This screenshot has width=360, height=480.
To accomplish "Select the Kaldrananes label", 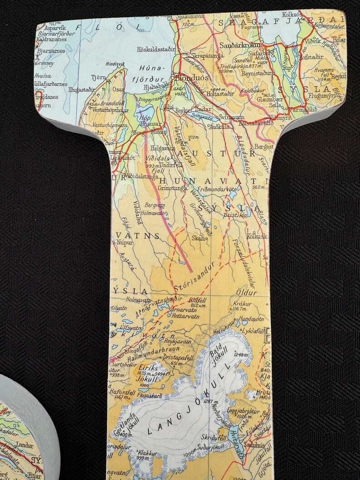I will coord(53,39).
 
